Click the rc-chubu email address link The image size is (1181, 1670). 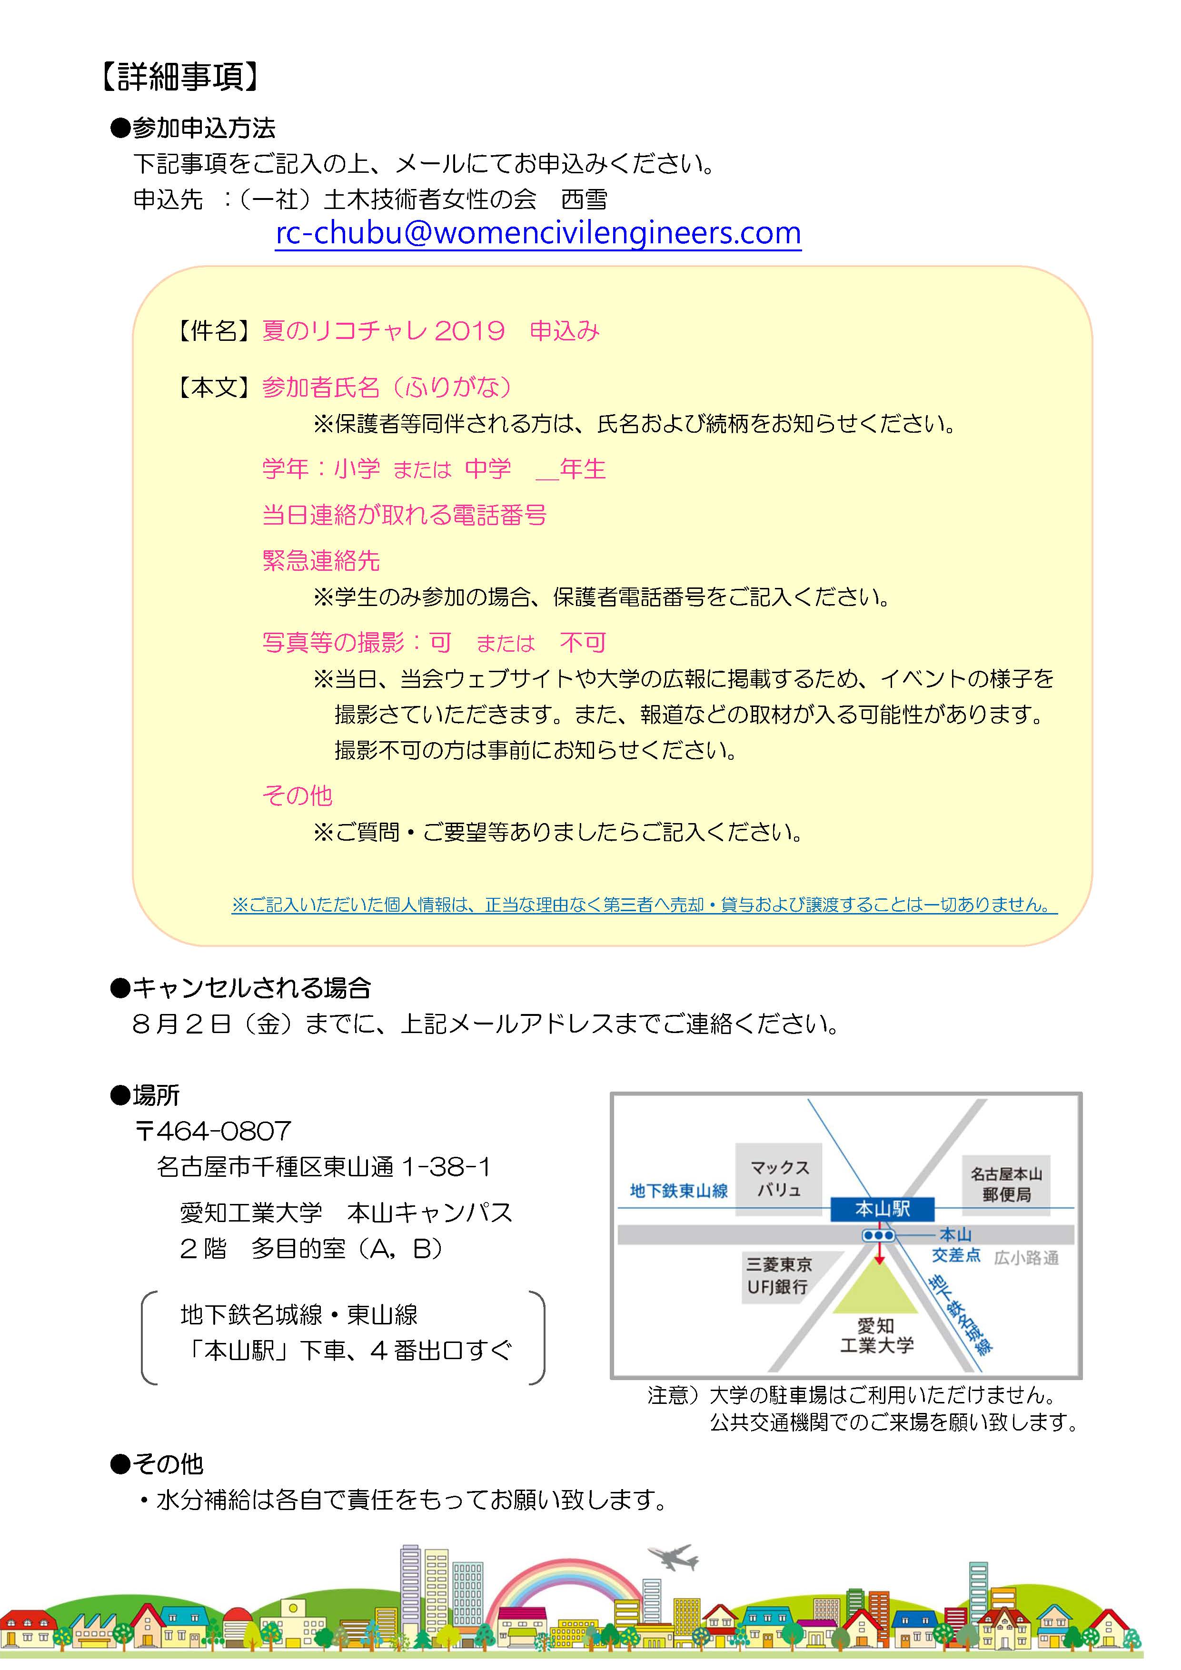[538, 233]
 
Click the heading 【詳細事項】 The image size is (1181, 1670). [179, 76]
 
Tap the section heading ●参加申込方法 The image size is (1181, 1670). [193, 128]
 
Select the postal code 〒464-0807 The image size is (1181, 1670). [213, 1131]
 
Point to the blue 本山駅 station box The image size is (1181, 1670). [882, 1209]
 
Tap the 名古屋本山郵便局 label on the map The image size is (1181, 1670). [1006, 1184]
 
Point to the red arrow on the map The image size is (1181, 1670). [879, 1252]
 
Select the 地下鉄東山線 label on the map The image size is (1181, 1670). [678, 1191]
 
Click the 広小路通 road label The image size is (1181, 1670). [1026, 1258]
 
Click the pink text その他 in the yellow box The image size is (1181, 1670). [297, 795]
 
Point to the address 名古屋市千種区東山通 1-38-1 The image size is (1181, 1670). [324, 1167]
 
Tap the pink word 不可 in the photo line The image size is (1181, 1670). [583, 642]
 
